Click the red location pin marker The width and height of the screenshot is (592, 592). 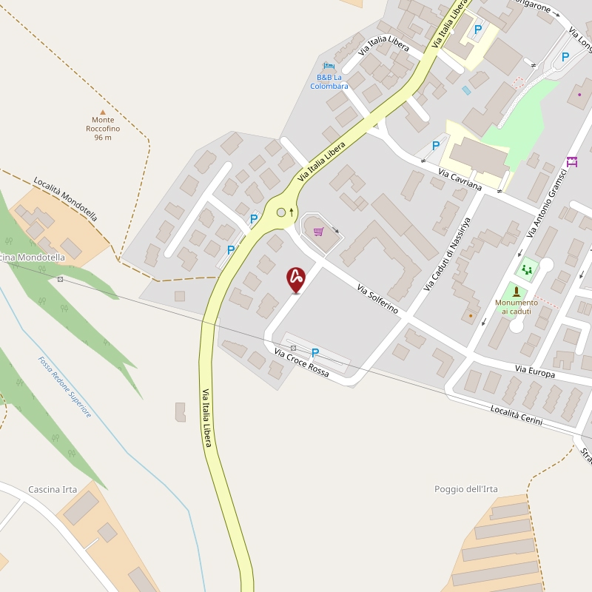pyautogui.click(x=296, y=279)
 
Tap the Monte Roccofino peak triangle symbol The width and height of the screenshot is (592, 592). pyautogui.click(x=103, y=112)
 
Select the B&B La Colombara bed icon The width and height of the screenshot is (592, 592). pyautogui.click(x=329, y=67)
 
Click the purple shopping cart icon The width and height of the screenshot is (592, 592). pyautogui.click(x=318, y=232)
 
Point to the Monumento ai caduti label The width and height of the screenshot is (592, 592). pyautogui.click(x=517, y=306)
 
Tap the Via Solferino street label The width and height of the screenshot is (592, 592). pyautogui.click(x=377, y=299)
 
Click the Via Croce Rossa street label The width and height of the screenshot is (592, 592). pyautogui.click(x=301, y=363)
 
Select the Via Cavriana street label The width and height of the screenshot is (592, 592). pyautogui.click(x=460, y=180)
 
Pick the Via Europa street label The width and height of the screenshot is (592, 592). pyautogui.click(x=535, y=373)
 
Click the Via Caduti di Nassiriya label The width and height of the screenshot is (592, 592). pyautogui.click(x=447, y=254)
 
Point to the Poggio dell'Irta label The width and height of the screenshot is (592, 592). pyautogui.click(x=466, y=489)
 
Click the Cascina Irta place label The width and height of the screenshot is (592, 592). pyautogui.click(x=53, y=490)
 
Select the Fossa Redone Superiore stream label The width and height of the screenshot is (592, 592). pyautogui.click(x=65, y=387)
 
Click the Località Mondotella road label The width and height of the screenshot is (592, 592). pyautogui.click(x=65, y=199)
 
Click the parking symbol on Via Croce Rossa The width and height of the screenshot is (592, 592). pyautogui.click(x=315, y=353)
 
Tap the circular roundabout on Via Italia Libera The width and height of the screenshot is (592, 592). pyautogui.click(x=281, y=213)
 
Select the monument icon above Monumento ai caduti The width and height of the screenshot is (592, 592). pyautogui.click(x=517, y=292)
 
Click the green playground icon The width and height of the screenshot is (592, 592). pyautogui.click(x=527, y=269)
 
